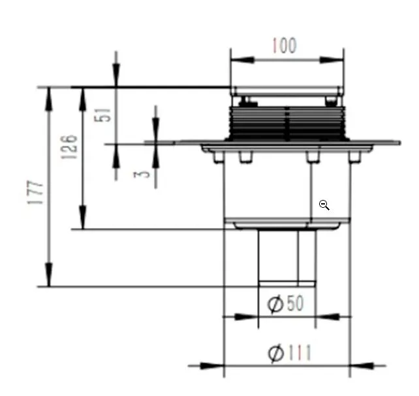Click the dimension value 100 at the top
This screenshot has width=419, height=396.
tap(285, 46)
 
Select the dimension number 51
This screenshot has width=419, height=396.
tap(102, 115)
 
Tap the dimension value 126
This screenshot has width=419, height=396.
tap(69, 147)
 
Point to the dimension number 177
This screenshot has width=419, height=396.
tap(35, 193)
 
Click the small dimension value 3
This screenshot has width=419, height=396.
tap(142, 175)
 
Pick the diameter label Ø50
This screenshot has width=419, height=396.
tap(285, 304)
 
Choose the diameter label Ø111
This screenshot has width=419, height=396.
tap(289, 352)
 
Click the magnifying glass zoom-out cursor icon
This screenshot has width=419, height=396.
tap(324, 205)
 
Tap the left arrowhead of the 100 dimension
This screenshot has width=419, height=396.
tap(242, 60)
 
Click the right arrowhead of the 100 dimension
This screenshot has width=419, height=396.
tap(332, 60)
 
